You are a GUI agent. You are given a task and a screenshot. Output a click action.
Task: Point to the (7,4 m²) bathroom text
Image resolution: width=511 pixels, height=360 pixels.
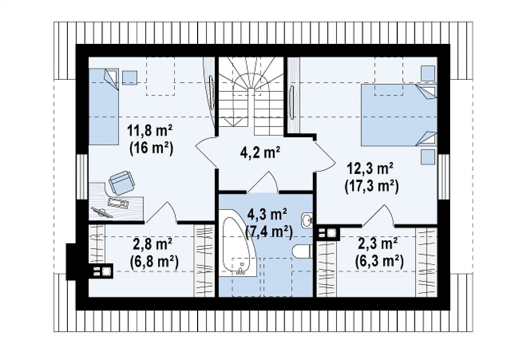(269, 232)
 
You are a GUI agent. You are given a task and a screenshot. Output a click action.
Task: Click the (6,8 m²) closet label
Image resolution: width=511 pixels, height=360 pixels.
(154, 262)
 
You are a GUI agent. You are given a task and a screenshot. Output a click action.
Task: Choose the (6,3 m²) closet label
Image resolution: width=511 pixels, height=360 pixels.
(379, 261)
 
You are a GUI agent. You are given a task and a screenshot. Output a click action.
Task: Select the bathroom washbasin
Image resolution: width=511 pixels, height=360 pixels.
(307, 220)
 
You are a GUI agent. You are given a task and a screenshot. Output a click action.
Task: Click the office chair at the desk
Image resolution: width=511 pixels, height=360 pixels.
(122, 182)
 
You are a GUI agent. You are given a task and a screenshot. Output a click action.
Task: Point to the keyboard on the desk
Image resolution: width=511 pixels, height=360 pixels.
(118, 202)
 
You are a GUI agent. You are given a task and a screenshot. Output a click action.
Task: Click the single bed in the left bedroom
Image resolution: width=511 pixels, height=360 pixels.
(104, 106)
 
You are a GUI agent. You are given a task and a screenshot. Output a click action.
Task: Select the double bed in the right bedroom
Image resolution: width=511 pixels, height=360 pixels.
(399, 115)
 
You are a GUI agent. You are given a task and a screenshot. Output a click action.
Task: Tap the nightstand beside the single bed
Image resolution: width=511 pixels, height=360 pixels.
(130, 77)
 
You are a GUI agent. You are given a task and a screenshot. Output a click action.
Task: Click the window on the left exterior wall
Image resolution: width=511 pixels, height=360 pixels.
(82, 177)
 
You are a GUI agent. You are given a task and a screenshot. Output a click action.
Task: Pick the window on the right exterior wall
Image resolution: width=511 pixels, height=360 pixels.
(444, 177)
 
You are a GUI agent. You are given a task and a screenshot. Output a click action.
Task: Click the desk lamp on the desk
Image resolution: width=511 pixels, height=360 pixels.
(102, 212)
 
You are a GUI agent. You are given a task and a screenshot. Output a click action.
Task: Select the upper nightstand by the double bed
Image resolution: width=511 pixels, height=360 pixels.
(428, 74)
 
